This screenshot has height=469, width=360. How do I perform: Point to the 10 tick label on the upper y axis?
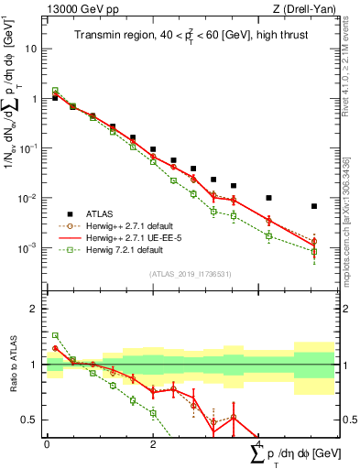point(30,49)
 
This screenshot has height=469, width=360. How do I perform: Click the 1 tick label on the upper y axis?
point(34,99)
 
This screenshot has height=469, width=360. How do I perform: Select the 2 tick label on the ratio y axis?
point(34,309)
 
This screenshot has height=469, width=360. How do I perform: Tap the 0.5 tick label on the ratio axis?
point(30,420)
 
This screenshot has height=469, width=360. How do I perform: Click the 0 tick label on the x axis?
point(47,444)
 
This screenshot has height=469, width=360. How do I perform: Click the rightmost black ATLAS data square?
point(313,206)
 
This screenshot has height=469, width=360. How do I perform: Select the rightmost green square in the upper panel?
point(313,252)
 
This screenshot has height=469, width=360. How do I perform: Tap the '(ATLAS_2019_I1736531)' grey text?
point(190,273)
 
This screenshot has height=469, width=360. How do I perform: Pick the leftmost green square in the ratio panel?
point(55,335)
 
